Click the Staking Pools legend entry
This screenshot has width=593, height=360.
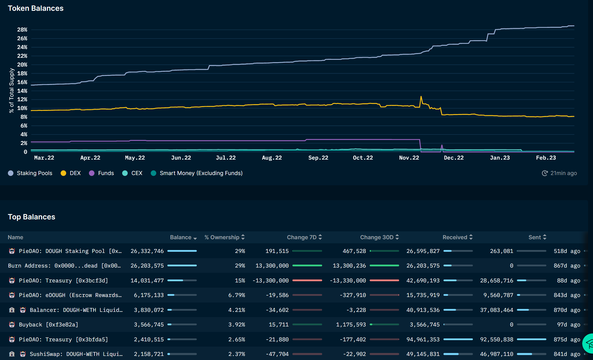click(30, 173)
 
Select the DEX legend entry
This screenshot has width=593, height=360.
click(71, 173)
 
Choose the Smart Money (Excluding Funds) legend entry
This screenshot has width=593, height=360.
click(197, 173)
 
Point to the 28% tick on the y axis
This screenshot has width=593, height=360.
click(22, 30)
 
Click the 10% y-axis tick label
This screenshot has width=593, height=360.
click(22, 108)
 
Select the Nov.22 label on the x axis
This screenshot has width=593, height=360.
click(409, 158)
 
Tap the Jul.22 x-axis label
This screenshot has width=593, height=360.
click(226, 158)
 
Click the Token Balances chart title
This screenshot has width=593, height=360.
click(36, 8)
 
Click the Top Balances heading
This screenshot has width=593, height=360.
click(31, 217)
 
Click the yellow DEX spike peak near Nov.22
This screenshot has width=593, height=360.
click(421, 97)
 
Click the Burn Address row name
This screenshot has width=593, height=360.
click(64, 266)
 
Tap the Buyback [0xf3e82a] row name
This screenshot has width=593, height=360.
click(48, 324)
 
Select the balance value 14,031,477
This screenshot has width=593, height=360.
click(147, 280)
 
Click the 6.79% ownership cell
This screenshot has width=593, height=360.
click(236, 295)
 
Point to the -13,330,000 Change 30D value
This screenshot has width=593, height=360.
click(348, 280)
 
